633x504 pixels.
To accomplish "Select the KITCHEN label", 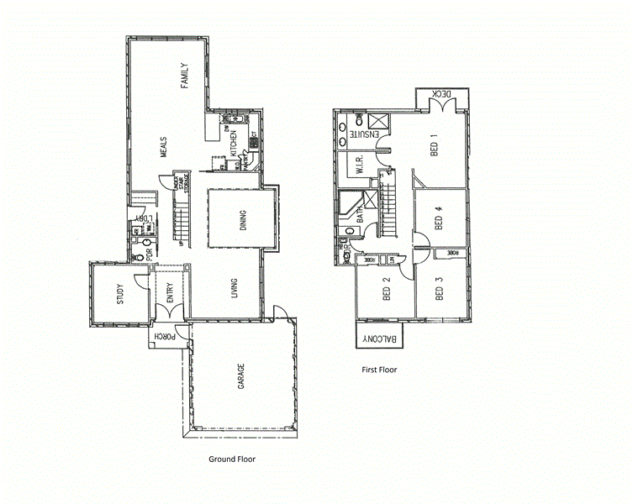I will click(x=233, y=144).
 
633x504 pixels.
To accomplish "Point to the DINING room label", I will click(x=242, y=220).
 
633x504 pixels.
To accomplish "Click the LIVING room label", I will click(x=234, y=288).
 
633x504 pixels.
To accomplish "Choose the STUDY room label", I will click(x=120, y=296).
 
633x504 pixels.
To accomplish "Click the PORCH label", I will click(x=160, y=336).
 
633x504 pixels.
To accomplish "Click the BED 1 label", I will click(x=435, y=148).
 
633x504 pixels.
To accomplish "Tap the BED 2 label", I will click(x=387, y=290).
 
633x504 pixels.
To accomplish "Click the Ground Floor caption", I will click(x=232, y=459).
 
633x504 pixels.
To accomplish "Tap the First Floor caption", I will click(x=379, y=370).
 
